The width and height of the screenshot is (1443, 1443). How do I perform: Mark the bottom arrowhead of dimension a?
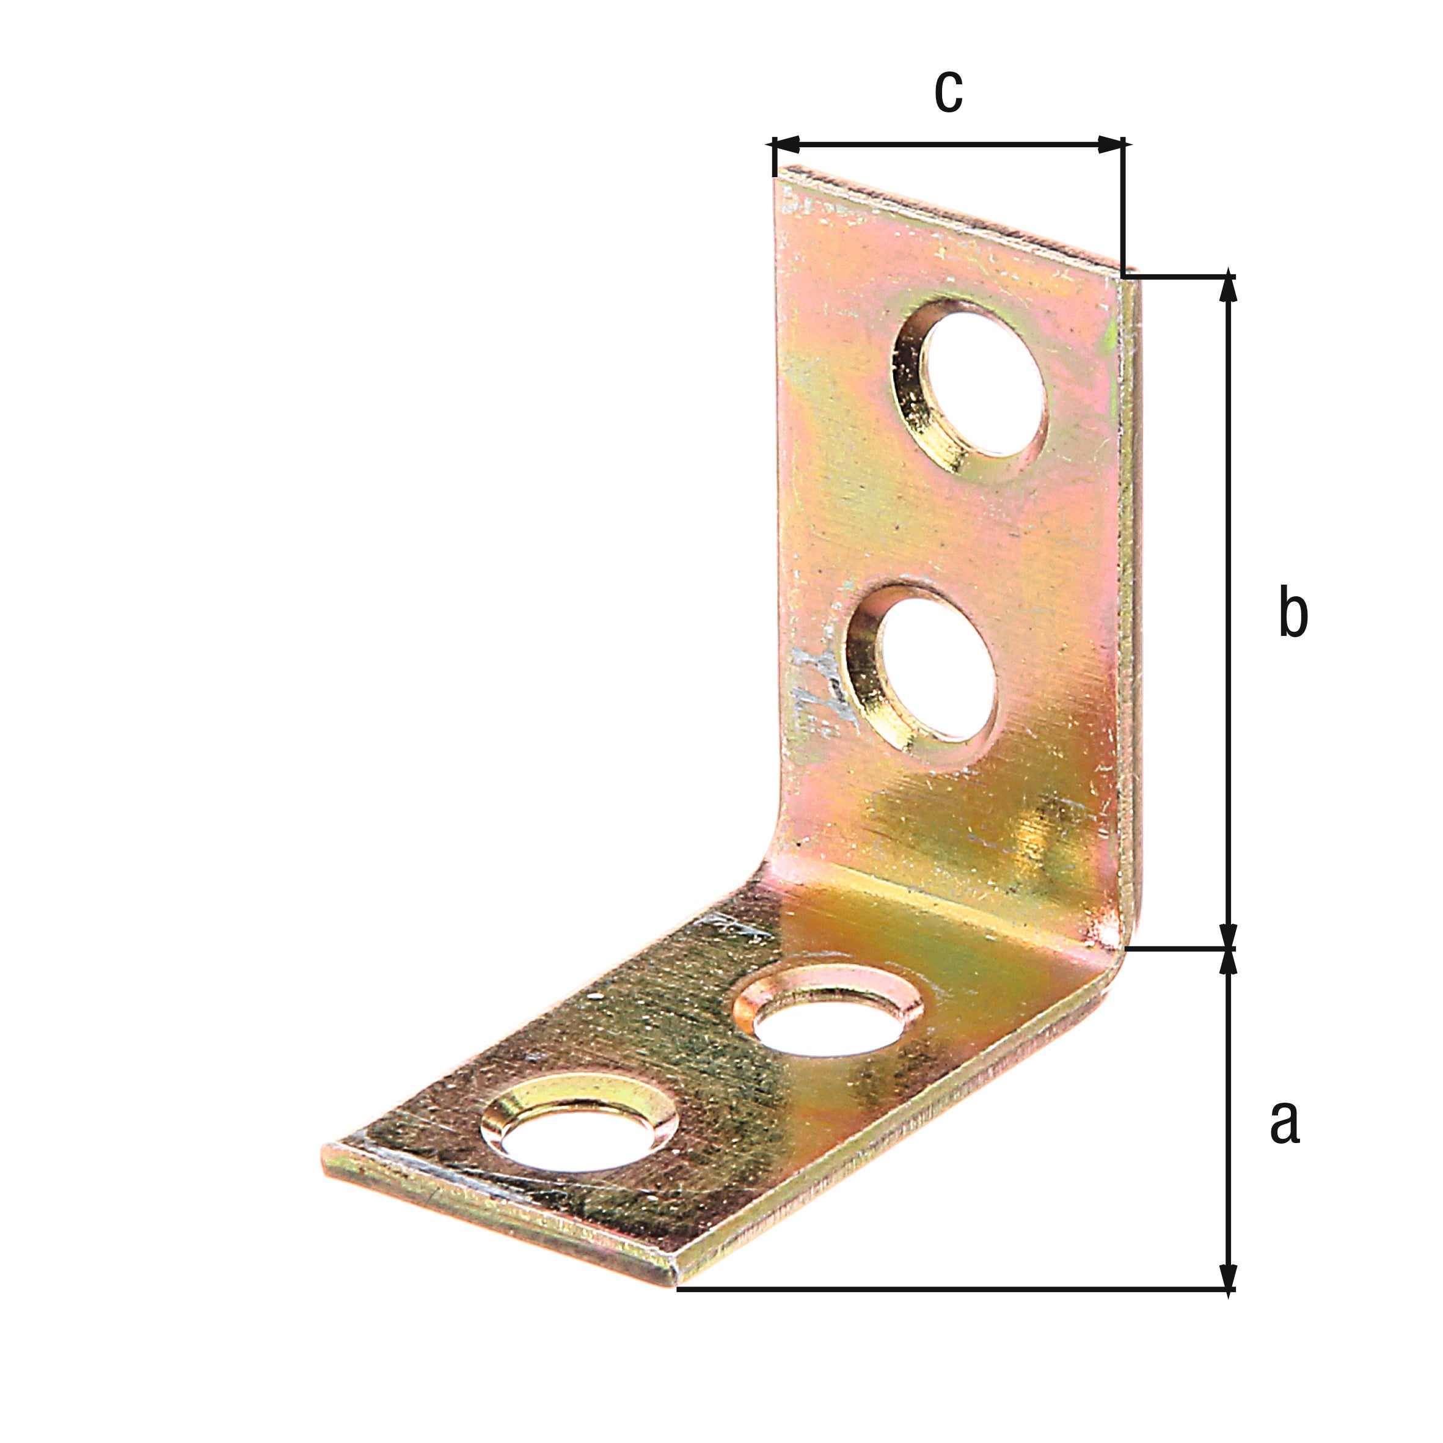tap(1227, 1275)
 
